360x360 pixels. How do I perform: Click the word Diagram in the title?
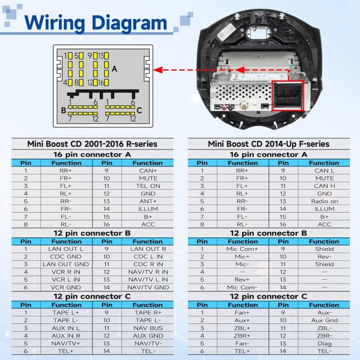click(x=129, y=23)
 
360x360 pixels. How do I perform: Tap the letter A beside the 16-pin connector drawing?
click(x=114, y=69)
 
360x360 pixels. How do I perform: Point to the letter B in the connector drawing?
click(x=64, y=110)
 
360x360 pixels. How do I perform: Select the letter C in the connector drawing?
click(x=139, y=110)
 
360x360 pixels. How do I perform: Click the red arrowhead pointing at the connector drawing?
click(x=158, y=70)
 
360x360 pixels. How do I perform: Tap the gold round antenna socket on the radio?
click(x=244, y=106)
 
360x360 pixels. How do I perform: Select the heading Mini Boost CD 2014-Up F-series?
click(x=269, y=144)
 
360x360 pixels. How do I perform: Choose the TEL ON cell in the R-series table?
click(x=148, y=186)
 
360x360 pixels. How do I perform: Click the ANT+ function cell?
click(x=148, y=201)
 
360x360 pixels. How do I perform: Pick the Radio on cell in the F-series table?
click(x=325, y=201)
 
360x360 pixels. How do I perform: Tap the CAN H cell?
click(x=325, y=186)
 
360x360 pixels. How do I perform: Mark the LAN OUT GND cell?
click(x=66, y=264)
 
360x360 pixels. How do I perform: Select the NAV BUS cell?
click(x=148, y=328)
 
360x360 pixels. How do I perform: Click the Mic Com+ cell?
click(x=242, y=249)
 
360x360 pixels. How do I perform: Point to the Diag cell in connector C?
click(x=325, y=344)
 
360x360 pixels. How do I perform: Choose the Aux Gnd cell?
click(x=325, y=320)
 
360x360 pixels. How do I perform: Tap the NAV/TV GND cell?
click(x=148, y=287)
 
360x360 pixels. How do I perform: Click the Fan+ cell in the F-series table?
click(x=242, y=313)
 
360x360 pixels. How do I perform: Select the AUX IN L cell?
click(x=66, y=328)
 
